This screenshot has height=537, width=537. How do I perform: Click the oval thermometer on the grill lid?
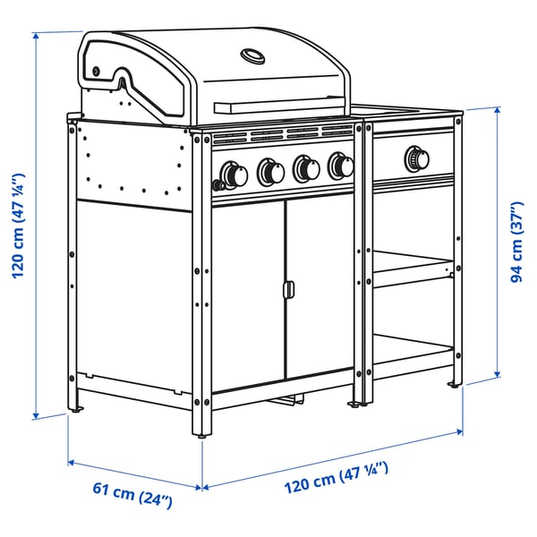pyautogui.click(x=253, y=57)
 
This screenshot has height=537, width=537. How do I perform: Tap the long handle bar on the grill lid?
pyautogui.click(x=280, y=107)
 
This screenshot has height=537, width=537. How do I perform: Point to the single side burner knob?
pyautogui.click(x=415, y=158)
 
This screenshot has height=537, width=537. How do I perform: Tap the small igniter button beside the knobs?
pyautogui.click(x=216, y=184)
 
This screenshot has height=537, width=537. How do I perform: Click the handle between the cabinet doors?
pyautogui.click(x=287, y=290)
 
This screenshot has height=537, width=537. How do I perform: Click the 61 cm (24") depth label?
pyautogui.click(x=133, y=494)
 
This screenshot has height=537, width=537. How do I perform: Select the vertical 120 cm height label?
pyautogui.click(x=18, y=226)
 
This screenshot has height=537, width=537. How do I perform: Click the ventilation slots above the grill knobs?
pyautogui.click(x=282, y=136)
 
